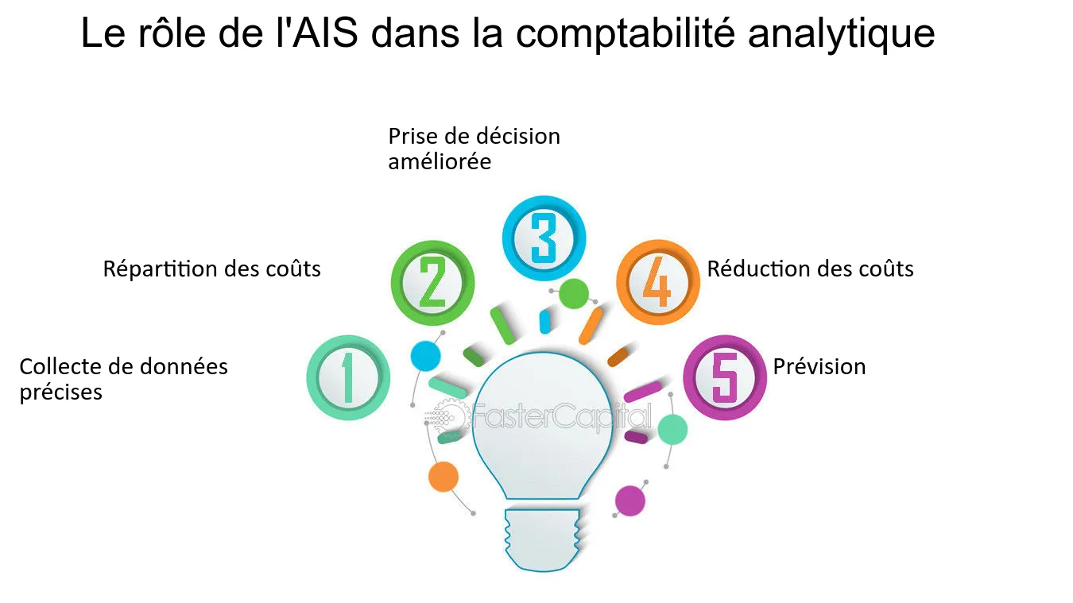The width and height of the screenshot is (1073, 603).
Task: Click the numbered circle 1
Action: tap(348, 378)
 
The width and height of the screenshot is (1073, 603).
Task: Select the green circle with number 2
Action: tap(432, 283)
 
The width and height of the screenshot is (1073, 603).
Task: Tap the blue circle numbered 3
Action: tap(544, 237)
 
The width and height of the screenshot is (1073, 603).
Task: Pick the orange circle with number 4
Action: tap(657, 283)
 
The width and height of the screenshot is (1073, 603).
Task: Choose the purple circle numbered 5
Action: tap(725, 378)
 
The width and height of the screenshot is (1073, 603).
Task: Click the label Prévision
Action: tap(819, 367)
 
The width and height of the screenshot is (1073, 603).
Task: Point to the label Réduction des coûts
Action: tap(810, 269)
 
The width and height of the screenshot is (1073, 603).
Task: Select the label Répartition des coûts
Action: tap(211, 269)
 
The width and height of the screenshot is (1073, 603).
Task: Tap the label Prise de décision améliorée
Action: tap(474, 149)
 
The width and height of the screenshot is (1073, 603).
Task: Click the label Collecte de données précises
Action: tap(123, 379)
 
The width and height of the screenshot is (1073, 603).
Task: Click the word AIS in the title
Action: tap(325, 34)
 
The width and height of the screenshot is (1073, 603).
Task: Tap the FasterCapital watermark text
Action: tap(560, 416)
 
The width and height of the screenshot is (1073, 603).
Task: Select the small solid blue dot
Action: tap(425, 355)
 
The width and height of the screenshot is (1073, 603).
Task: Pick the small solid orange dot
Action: tap(443, 477)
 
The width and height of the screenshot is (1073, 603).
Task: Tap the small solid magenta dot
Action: tap(630, 501)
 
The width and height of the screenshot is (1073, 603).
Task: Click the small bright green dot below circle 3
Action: tap(573, 293)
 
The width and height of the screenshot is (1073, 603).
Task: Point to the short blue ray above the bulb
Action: tap(545, 321)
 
